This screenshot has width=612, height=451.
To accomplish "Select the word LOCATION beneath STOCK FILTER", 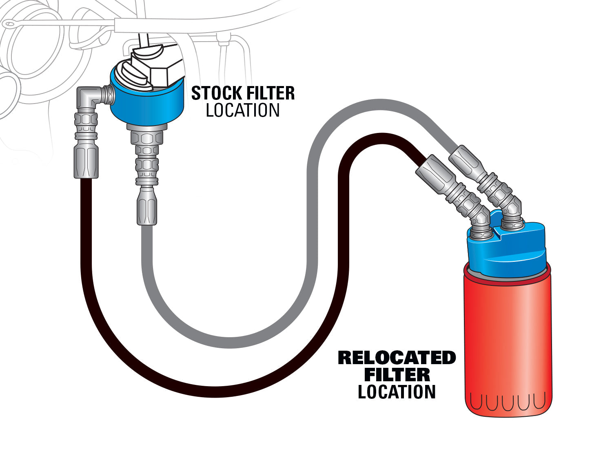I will point(243,111).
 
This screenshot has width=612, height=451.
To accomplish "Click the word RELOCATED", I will point(397,358).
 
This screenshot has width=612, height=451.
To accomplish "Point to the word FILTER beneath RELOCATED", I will point(397,375).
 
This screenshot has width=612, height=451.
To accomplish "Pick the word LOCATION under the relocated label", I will point(397,392).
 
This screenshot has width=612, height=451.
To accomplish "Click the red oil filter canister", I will point(508,343).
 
